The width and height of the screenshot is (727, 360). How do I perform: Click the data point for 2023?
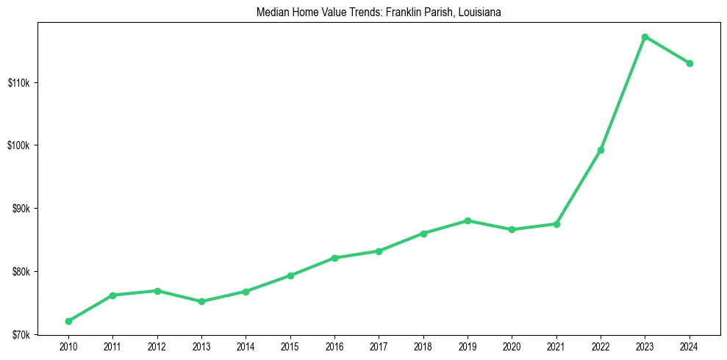coord(645,37)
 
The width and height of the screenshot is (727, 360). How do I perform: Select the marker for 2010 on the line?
coord(68,321)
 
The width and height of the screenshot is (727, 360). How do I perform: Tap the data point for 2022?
coord(601,150)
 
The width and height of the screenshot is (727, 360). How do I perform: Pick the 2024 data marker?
coord(690,63)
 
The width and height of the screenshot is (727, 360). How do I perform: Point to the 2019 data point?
coord(468,220)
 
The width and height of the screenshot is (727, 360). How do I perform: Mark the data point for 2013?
coord(201,301)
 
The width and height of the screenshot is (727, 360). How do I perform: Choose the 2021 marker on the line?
coord(556,223)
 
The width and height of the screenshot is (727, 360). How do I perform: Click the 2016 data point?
coord(334,258)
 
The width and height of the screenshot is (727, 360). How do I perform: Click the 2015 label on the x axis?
coord(290,346)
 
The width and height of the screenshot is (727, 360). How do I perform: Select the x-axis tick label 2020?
coord(512,346)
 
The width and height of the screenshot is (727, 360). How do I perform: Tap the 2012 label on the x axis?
coord(157,346)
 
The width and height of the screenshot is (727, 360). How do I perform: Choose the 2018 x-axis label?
coord(423,346)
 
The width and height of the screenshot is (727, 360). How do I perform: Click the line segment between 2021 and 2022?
coord(579,187)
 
